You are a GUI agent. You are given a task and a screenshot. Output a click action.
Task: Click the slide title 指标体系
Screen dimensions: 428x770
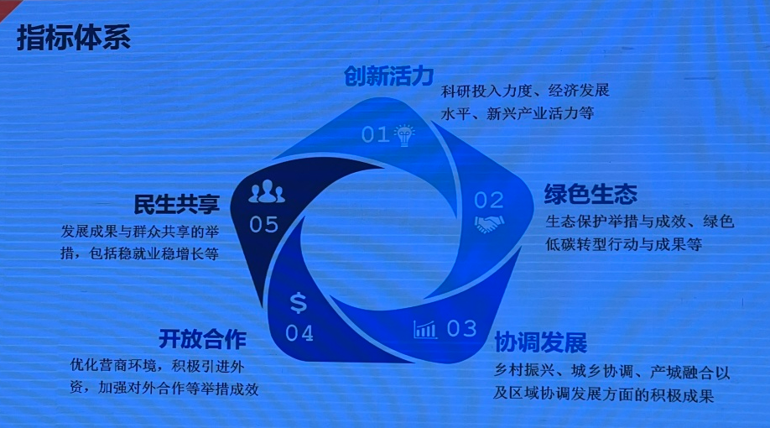[x=74, y=38]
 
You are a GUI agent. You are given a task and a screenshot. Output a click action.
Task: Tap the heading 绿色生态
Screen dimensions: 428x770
[x=591, y=196]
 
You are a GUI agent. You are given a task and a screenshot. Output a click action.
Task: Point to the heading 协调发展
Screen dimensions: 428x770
[x=539, y=343]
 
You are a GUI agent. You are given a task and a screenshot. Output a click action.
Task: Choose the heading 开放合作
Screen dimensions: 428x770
[x=202, y=340]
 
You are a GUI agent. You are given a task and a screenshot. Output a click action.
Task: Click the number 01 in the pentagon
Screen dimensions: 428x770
[x=376, y=134]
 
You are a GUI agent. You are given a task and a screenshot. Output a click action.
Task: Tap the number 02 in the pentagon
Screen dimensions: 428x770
[x=488, y=200]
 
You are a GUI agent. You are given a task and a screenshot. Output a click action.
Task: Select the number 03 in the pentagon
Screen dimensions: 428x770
[x=461, y=328]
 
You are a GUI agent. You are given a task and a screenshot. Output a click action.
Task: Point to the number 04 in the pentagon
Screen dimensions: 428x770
[x=299, y=333]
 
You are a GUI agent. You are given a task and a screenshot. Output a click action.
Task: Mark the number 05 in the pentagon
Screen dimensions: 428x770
[x=263, y=224]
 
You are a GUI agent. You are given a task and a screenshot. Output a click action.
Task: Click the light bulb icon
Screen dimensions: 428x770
[x=406, y=134]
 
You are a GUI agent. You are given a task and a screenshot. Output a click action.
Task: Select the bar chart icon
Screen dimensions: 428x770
[x=425, y=329]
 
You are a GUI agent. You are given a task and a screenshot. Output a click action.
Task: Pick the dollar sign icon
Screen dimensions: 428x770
[x=299, y=302]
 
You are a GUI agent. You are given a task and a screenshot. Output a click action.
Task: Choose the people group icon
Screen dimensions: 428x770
[x=267, y=192]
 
